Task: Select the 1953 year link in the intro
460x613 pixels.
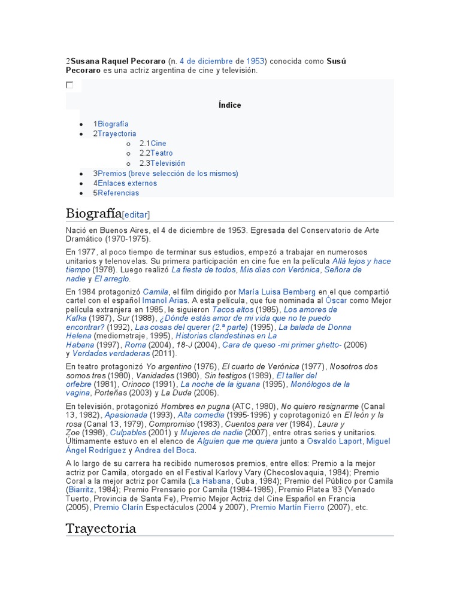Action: coord(256,61)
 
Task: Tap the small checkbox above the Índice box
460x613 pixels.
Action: coord(69,85)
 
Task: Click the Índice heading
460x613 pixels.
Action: coord(230,105)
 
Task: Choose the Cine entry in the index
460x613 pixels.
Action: coord(158,144)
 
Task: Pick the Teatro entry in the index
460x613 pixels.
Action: coord(161,153)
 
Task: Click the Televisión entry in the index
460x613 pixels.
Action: coord(168,163)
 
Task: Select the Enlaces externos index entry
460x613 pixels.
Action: coord(127,183)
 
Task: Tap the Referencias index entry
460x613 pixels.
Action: coord(118,193)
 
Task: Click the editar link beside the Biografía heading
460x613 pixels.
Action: coord(136,215)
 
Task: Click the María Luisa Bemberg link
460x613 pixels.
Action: coord(277,292)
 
